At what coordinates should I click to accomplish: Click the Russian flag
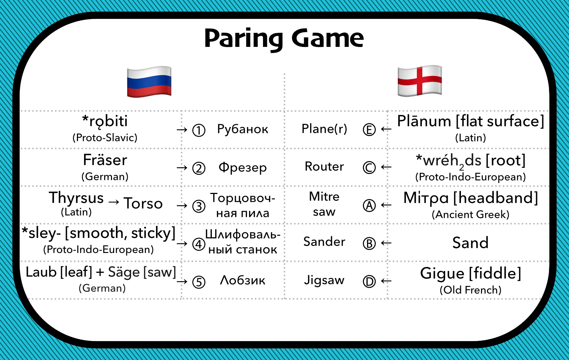tap(149, 82)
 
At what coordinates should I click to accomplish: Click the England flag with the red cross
tap(420, 81)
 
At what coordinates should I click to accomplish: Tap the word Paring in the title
tap(244, 39)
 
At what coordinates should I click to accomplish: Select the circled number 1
tap(199, 130)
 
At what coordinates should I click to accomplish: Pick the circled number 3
tap(199, 206)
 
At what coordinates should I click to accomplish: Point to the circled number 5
tap(199, 282)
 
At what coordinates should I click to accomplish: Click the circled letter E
tap(369, 130)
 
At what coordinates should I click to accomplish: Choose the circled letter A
tap(369, 205)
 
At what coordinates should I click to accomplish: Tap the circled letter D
tap(369, 281)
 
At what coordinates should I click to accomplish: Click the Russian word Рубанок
tap(243, 129)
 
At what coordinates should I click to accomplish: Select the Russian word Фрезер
tap(243, 167)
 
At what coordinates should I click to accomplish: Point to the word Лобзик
tap(243, 280)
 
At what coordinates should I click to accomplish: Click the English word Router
tap(324, 166)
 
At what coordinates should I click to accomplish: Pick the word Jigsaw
tap(324, 280)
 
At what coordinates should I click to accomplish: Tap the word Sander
tap(324, 241)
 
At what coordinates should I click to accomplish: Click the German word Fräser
tap(105, 160)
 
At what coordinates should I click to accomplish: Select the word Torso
tap(143, 203)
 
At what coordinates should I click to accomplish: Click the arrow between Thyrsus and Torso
tap(113, 202)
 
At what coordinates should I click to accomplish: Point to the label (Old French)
tap(471, 290)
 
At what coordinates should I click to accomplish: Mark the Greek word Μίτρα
tap(426, 198)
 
